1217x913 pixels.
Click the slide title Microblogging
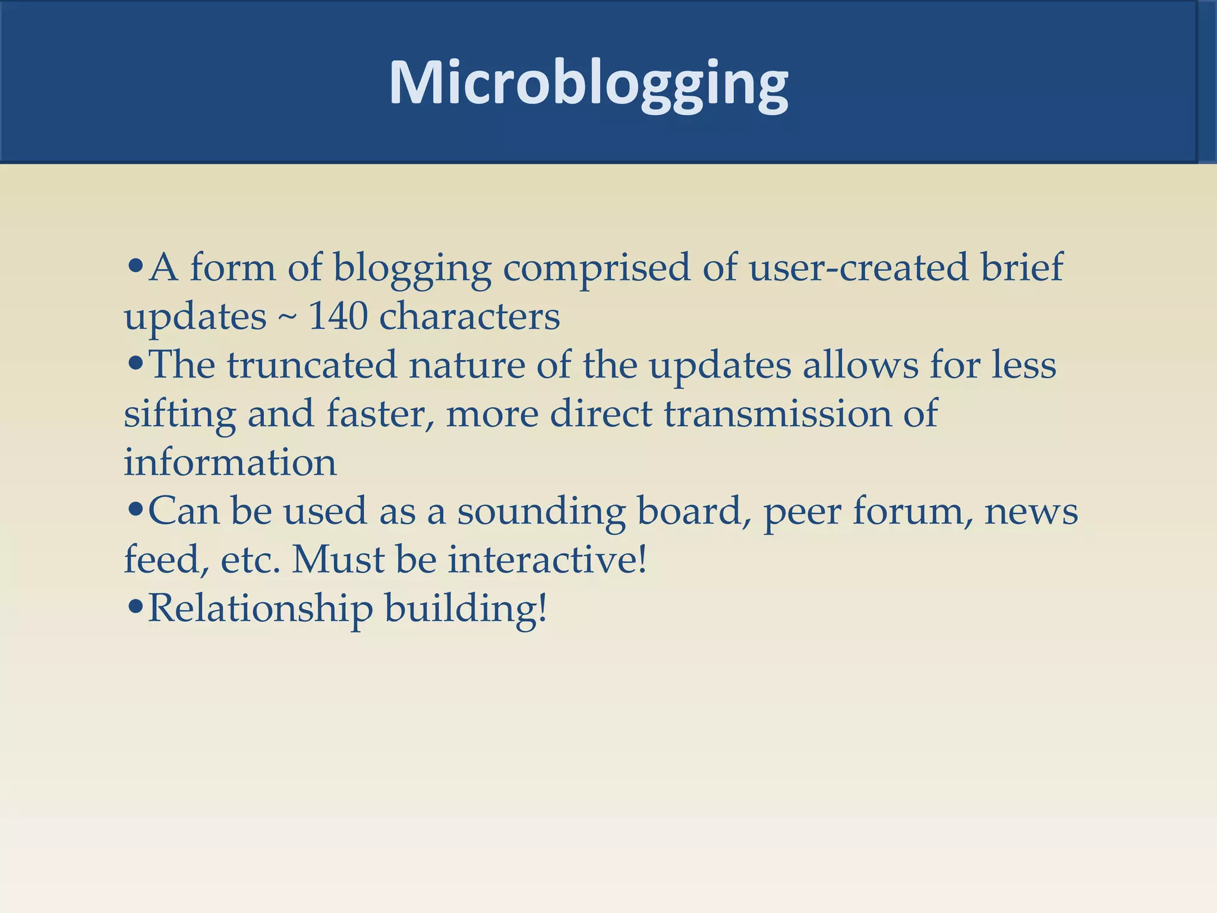tap(588, 83)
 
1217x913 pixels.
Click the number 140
tap(338, 316)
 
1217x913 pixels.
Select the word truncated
tap(311, 365)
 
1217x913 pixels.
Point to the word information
tap(230, 462)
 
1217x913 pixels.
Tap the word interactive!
tap(547, 560)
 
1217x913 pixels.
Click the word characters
tap(469, 316)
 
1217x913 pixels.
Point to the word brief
tap(1021, 267)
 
